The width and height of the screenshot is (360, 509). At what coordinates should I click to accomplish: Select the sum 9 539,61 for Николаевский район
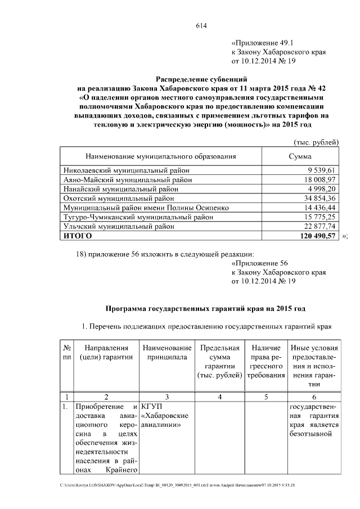pos(322,170)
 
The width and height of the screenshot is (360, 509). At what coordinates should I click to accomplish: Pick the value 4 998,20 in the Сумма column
pos(322,188)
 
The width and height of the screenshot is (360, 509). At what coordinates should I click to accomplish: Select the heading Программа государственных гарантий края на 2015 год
pos(206,309)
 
